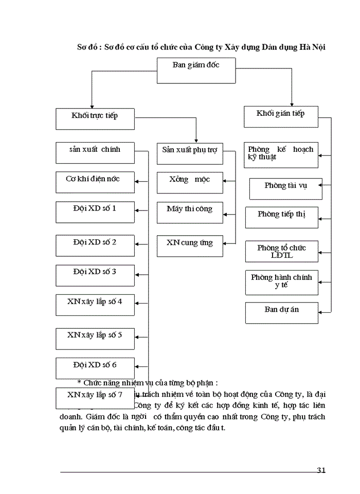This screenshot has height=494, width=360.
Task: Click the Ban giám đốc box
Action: coord(196,70)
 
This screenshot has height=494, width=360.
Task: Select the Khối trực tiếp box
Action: coord(95,119)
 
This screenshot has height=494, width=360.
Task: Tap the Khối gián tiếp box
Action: coord(281,117)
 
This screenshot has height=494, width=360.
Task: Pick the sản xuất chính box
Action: coord(95,153)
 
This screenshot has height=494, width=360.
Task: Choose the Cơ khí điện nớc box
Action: coord(95,182)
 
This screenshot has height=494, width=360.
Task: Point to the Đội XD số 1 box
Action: coord(95,212)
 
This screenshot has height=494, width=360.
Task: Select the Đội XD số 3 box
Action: coord(95,275)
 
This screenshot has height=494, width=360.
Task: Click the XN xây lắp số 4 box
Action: coord(95,305)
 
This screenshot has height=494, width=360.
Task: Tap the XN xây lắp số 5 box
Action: coord(95,338)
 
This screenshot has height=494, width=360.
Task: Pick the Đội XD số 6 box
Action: coord(95,368)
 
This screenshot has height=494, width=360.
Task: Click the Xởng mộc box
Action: coord(190,183)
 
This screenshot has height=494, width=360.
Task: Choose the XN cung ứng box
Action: coord(190,246)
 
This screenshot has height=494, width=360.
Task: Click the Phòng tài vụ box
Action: coord(285,189)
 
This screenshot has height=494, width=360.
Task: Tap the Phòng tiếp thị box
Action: coord(281,217)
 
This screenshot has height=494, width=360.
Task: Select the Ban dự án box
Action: coord(281,313)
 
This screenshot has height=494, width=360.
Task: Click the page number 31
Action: coord(321,470)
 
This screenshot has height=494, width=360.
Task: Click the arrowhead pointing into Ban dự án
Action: coord(321,312)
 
